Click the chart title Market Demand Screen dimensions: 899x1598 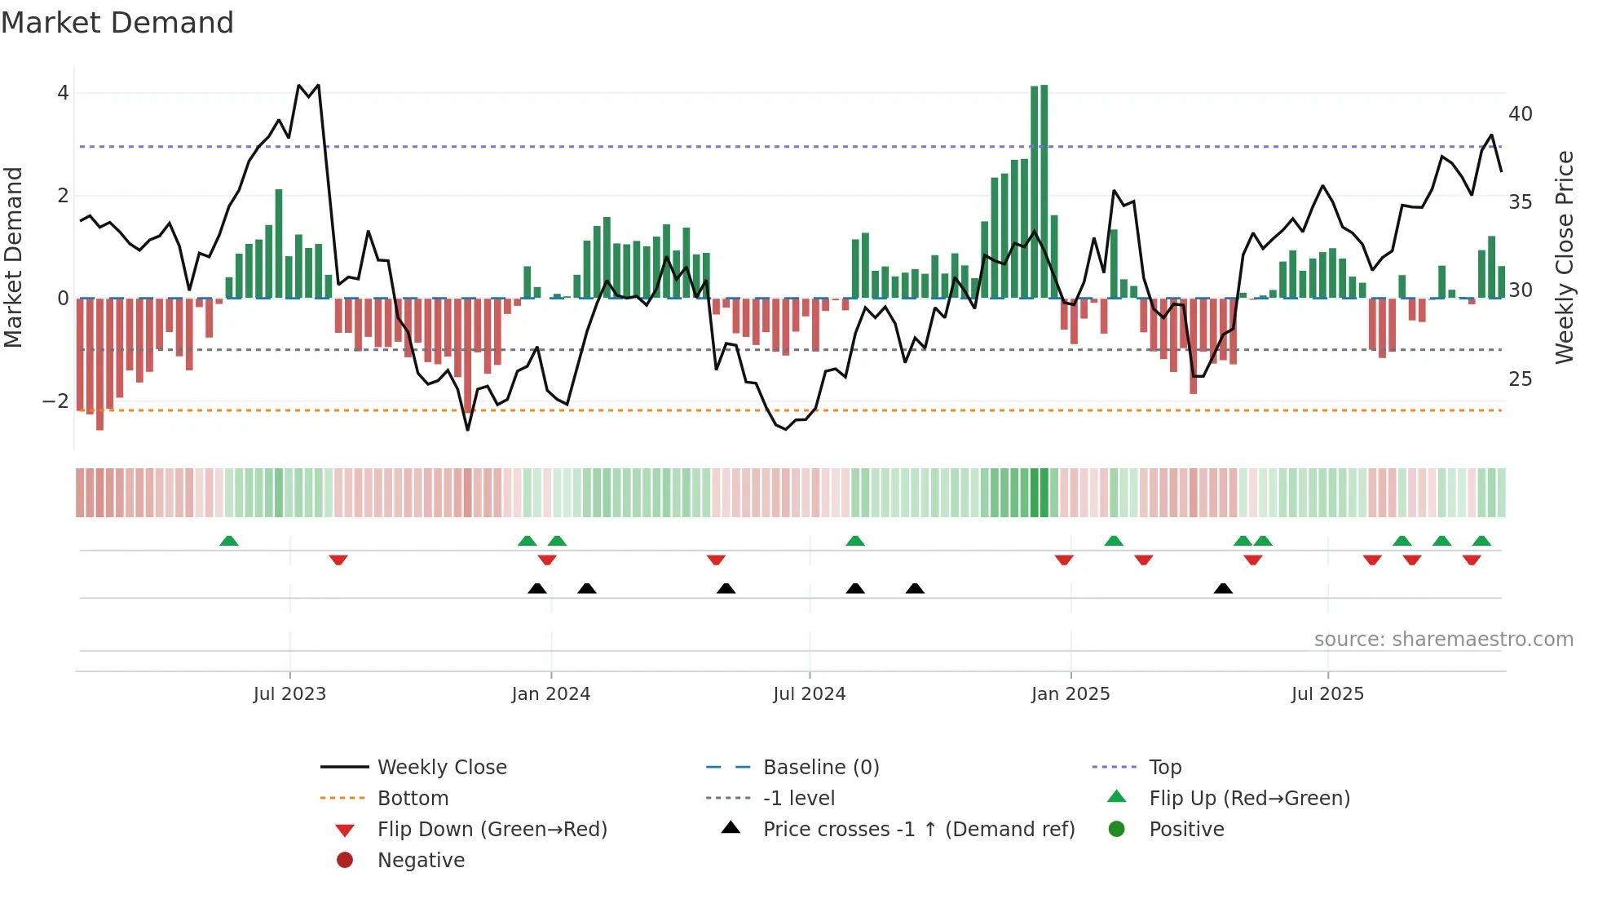click(117, 23)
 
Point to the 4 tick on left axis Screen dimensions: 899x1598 click(63, 93)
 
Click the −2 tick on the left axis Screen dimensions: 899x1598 click(56, 401)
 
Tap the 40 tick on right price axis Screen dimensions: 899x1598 click(1520, 114)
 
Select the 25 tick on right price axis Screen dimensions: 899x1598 click(1520, 379)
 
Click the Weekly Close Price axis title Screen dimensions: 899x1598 click(1564, 257)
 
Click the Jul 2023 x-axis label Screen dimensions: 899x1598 click(289, 694)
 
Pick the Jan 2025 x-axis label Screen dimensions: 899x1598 click(1070, 694)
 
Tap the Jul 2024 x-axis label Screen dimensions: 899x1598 click(809, 694)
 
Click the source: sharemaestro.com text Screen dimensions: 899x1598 click(1443, 640)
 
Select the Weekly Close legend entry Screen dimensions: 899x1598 click(441, 768)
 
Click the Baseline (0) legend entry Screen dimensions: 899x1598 click(820, 768)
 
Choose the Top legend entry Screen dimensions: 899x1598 click(1164, 768)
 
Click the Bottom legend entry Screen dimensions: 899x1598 click(413, 799)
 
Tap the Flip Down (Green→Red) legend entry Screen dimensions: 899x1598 click(492, 830)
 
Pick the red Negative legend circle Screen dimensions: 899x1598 click(345, 861)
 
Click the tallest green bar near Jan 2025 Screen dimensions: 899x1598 click(1044, 192)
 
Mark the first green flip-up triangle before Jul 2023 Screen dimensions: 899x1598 click(229, 541)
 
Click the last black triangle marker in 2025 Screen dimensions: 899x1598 click(1223, 588)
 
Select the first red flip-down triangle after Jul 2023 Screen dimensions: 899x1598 click(338, 560)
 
